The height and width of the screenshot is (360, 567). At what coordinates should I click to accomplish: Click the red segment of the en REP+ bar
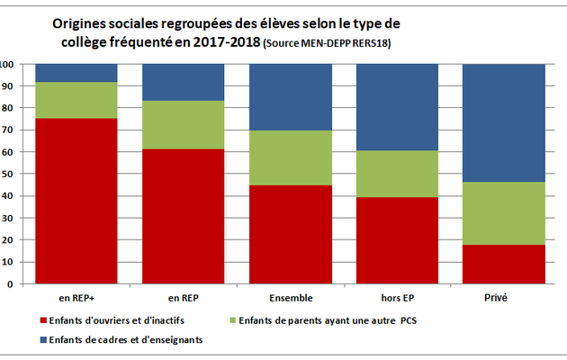pos(76,201)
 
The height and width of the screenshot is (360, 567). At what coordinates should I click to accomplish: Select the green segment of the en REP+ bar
pos(76,100)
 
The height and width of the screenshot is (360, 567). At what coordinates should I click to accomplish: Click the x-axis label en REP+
pos(76,296)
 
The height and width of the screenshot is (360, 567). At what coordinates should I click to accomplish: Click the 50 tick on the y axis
pos(7,175)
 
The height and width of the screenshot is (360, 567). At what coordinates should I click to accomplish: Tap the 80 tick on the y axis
pos(7,109)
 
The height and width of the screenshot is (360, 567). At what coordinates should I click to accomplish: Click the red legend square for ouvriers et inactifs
pos(43,320)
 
